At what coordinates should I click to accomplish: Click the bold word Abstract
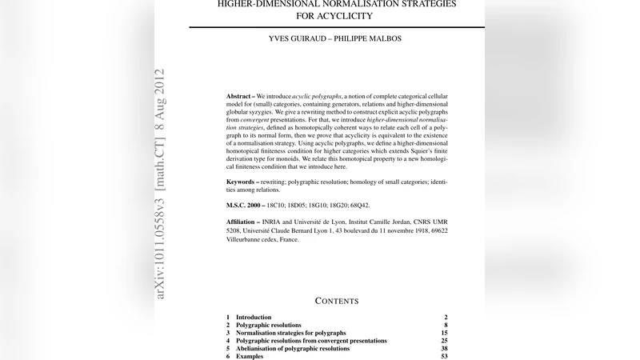click(x=242, y=96)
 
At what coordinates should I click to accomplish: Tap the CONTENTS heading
click(x=337, y=301)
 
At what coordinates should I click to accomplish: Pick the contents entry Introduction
click(x=254, y=318)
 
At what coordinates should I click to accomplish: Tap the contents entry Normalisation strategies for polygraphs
click(x=291, y=333)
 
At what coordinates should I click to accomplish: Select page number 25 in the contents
click(x=444, y=341)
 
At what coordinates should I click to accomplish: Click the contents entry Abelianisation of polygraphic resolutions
click(x=293, y=349)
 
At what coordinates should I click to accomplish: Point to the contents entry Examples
click(x=250, y=357)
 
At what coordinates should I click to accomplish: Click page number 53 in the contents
click(x=444, y=357)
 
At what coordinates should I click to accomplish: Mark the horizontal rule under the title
click(x=337, y=27)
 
